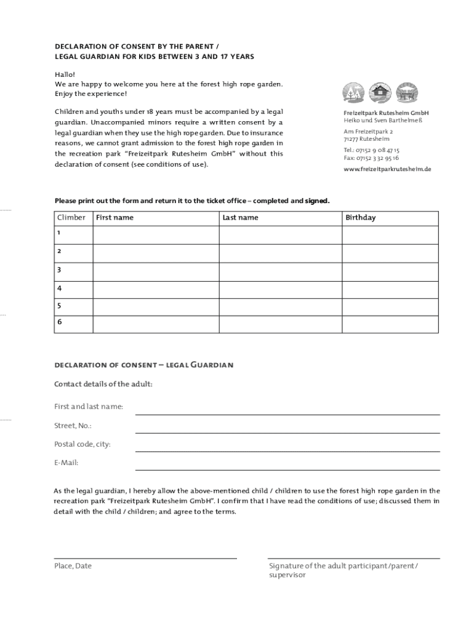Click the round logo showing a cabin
point(380,92)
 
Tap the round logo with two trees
point(353,92)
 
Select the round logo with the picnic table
point(406,92)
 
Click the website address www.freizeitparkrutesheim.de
point(387,169)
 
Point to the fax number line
point(371,157)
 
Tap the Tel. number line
point(371,150)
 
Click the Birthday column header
point(360,218)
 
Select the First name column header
point(114,218)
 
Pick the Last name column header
point(240,218)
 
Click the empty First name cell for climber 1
point(156,235)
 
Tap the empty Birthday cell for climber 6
point(390,324)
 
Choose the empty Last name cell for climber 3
point(281,271)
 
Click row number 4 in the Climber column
point(59,288)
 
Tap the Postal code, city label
point(82,444)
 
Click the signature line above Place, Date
point(145,557)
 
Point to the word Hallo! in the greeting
point(64,74)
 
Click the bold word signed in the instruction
point(317,201)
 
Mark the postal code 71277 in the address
point(351,139)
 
